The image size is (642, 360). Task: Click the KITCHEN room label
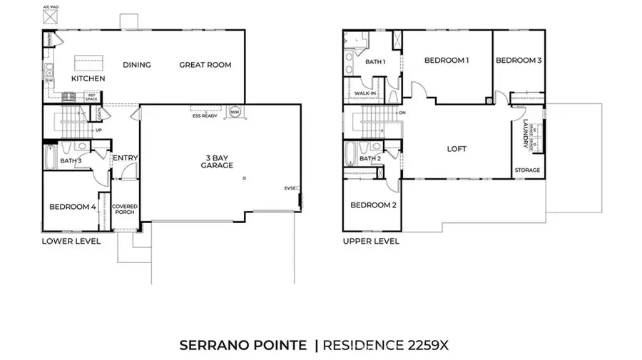[x=88, y=78]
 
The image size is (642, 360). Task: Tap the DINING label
[x=136, y=65]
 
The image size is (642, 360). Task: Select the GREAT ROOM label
[x=205, y=65]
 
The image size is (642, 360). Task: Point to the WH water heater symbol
[x=235, y=111]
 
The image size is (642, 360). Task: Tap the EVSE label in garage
[x=290, y=188]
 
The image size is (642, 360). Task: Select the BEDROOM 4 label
[x=72, y=207]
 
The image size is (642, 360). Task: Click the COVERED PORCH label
[x=125, y=210]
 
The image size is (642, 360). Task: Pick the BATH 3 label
[x=71, y=161]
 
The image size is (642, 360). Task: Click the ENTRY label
[x=125, y=158]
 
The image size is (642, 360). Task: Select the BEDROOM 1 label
[x=446, y=61]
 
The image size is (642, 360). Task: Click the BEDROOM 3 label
[x=519, y=61]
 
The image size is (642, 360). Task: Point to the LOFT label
[x=457, y=149]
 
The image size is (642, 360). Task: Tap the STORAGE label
[x=527, y=170]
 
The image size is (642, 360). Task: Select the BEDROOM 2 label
[x=373, y=205]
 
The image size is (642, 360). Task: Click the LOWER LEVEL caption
[x=71, y=242]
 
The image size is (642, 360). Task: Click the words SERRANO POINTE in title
[x=243, y=346]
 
